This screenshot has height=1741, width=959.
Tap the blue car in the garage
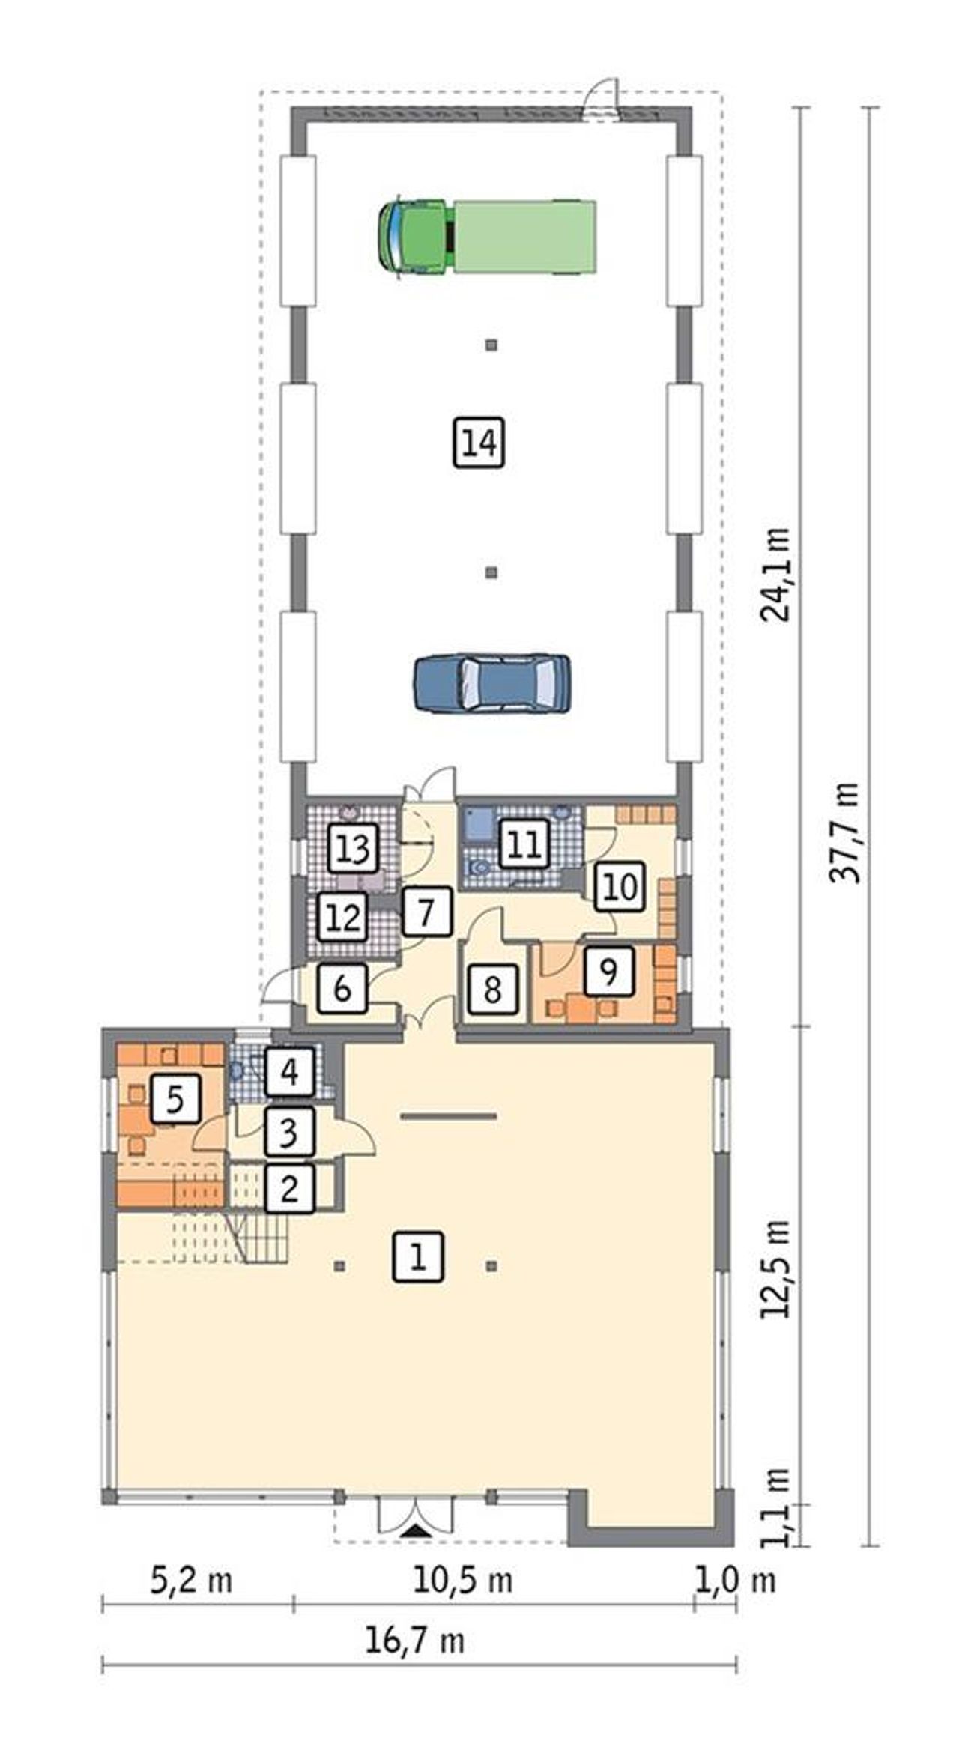point(492,682)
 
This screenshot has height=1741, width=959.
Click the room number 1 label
point(418,1256)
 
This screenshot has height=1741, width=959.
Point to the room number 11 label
point(524,844)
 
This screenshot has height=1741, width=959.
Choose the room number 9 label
point(608,972)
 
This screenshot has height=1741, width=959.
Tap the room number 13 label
point(353,849)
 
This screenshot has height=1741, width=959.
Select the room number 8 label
point(492,990)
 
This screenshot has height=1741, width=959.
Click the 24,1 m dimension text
point(775,575)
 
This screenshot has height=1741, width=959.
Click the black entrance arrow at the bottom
point(415,1532)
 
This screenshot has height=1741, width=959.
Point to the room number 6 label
point(342,990)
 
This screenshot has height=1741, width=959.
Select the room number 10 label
point(620,888)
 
